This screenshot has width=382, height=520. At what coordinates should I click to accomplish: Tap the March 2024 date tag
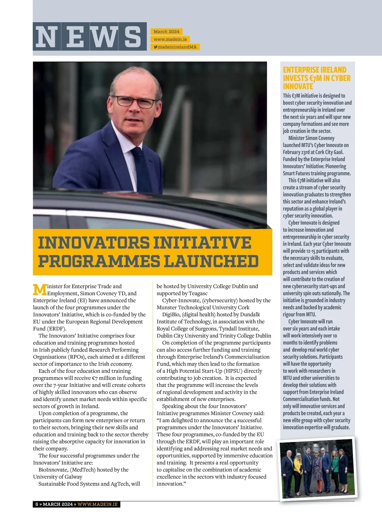tap(166, 32)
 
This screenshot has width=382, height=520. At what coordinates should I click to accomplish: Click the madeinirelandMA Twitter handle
tap(175, 47)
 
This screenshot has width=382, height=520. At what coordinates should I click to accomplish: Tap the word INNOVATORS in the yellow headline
tap(93, 242)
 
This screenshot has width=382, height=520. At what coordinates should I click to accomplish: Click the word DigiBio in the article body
tap(171, 314)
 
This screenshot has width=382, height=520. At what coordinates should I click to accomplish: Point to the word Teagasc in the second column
tap(198, 293)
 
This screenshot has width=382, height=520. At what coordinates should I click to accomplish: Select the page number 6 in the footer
tap(37, 504)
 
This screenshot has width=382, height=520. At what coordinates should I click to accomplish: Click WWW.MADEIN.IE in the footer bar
tap(97, 504)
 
